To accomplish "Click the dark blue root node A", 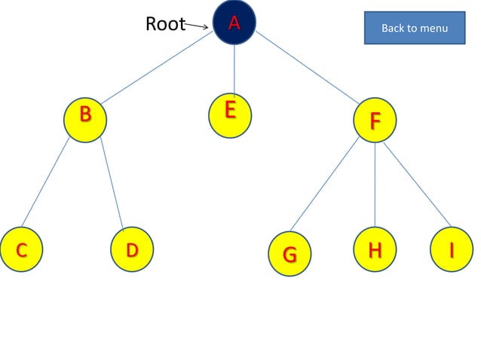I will click(x=234, y=23).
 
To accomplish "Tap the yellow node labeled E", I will click(x=230, y=114).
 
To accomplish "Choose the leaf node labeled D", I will click(x=132, y=250).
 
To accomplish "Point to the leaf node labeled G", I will click(x=290, y=254).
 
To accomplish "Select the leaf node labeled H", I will click(x=375, y=249).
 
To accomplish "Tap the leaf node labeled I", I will click(x=452, y=249).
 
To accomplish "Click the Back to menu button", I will click(x=415, y=28).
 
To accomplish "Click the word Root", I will click(x=165, y=24).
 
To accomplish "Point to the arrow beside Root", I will click(x=197, y=26).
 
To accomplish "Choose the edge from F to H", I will click(x=375, y=185).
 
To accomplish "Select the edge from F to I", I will click(x=417, y=184).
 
